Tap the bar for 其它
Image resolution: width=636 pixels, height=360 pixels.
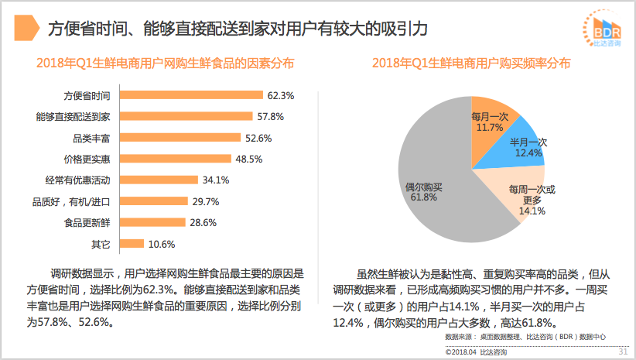[132, 244]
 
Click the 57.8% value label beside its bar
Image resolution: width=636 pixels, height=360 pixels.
[271, 117]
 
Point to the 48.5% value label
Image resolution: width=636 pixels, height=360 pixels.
[249, 159]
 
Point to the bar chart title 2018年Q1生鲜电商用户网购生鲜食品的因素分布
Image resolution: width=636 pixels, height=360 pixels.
[165, 63]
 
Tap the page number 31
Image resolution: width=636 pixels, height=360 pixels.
[621, 352]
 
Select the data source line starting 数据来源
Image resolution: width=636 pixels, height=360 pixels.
[525, 338]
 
